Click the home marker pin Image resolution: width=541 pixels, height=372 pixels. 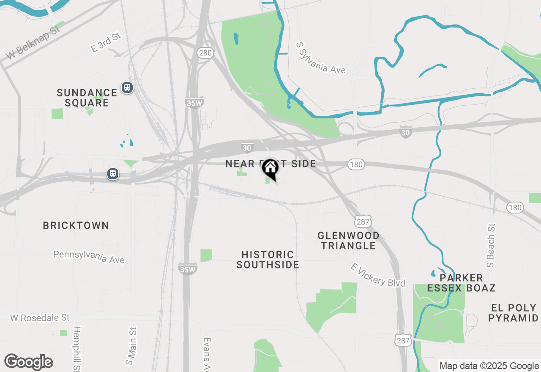270,170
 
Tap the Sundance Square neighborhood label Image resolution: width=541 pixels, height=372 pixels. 87,98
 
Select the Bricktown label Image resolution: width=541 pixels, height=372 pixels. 76,225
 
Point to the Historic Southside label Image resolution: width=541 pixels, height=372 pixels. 268,260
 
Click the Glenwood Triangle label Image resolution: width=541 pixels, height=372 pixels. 348,241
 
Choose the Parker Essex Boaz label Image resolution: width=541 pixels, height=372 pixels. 461,283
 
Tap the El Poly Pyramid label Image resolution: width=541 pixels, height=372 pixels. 513,313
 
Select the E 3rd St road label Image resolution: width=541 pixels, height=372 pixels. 106,42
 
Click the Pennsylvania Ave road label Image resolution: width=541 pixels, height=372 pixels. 89,257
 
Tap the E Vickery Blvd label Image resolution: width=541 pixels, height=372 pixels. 378,275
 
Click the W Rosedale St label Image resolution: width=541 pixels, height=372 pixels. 40,317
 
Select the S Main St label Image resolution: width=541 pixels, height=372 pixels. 131,346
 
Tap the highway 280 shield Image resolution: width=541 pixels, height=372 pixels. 205,53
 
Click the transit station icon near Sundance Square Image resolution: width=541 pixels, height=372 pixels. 127,88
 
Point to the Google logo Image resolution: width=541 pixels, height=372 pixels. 28,362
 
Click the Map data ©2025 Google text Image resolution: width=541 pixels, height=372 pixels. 489,366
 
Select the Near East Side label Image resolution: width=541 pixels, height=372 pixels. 270,164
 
